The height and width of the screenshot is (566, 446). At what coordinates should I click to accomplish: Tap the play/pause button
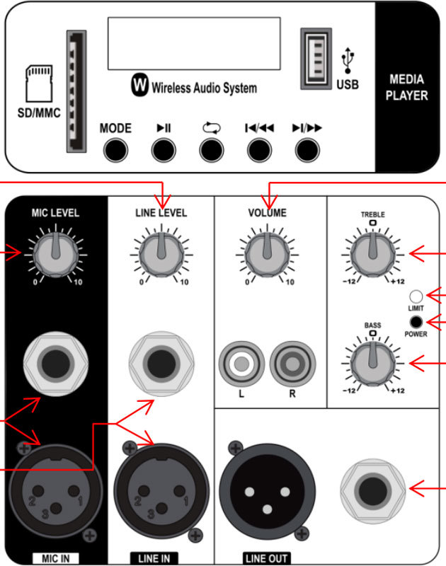[x=164, y=150]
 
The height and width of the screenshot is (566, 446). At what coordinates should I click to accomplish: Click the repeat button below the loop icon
[x=211, y=150]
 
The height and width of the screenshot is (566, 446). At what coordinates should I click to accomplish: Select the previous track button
[x=259, y=150]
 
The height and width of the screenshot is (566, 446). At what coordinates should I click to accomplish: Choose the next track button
[x=307, y=150]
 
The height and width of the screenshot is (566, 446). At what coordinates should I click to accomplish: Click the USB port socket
[x=316, y=59]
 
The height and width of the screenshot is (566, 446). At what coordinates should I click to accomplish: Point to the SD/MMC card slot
[x=76, y=91]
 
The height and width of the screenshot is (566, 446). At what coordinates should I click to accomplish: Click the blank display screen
[x=194, y=43]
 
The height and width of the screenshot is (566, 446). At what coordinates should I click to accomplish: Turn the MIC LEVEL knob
[x=56, y=255]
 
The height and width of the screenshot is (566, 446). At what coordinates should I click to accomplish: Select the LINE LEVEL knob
[x=161, y=255]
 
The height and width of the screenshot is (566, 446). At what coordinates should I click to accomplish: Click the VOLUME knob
[x=267, y=255]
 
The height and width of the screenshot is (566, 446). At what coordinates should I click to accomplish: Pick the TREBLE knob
[x=373, y=255]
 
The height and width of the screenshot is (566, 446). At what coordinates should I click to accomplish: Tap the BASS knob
[x=373, y=364]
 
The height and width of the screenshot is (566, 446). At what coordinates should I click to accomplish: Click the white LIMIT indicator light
[x=416, y=296]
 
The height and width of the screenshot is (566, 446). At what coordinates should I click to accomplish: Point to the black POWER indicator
[x=416, y=322]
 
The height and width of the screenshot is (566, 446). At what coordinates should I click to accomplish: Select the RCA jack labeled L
[x=241, y=364]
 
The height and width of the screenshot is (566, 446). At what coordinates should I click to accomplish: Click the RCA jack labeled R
[x=292, y=364]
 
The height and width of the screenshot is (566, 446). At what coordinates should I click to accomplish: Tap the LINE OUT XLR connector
[x=267, y=491]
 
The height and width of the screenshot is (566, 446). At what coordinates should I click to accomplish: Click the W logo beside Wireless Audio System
[x=139, y=85]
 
